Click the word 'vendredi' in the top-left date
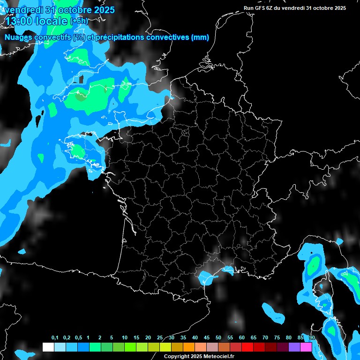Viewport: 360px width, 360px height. [x=23, y=9]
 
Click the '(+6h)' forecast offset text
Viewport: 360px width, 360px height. [x=79, y=21]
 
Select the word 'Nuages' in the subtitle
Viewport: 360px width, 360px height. [x=18, y=37]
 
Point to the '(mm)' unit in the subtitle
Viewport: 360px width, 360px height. [x=200, y=37]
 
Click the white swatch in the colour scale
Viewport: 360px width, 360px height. [x=48, y=347]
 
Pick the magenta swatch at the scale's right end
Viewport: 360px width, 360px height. [x=306, y=347]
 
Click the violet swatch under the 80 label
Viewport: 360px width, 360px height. [x=294, y=347]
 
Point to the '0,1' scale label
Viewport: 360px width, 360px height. [x=55, y=338]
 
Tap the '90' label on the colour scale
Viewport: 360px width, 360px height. [x=312, y=338]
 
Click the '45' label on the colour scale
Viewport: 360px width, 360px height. [x=207, y=338]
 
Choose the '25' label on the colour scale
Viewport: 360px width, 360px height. [x=160, y=338]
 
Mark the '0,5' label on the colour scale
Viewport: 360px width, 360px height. [x=78, y=338]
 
